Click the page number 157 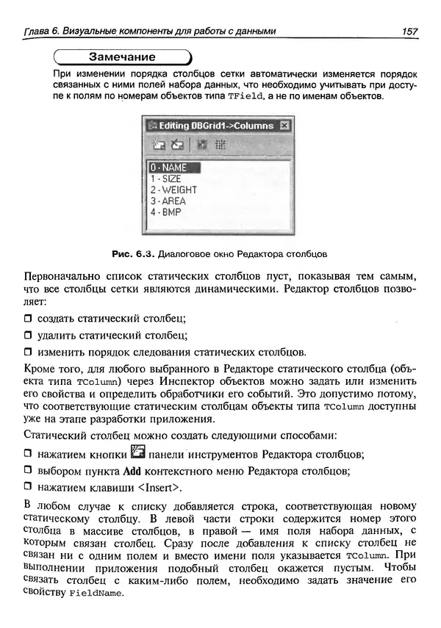(409, 31)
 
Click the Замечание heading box (122, 57)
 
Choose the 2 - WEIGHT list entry (173, 190)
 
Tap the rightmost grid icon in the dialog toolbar (220, 145)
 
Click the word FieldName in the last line (93, 594)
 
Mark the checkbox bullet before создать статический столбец (29, 318)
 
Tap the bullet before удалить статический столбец (29, 336)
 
